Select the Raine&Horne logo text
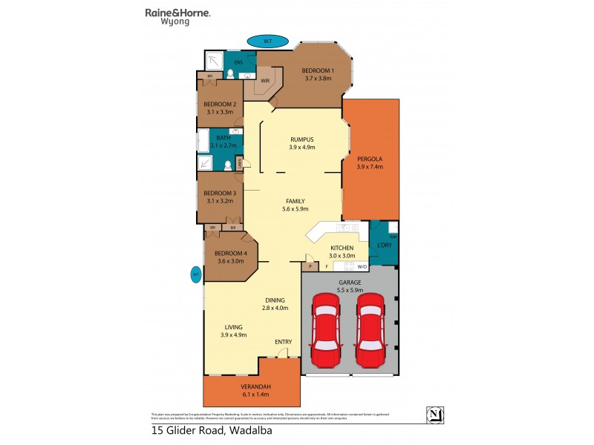(x=177, y=13)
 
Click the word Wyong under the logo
(x=175, y=22)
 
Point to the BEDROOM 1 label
(x=317, y=71)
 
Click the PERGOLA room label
(x=370, y=159)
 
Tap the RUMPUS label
(x=302, y=139)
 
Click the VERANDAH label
(x=255, y=388)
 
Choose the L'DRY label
(x=385, y=245)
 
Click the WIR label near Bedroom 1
(x=265, y=80)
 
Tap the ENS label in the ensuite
(x=238, y=62)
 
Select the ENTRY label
(x=283, y=341)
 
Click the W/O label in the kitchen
(x=362, y=266)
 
